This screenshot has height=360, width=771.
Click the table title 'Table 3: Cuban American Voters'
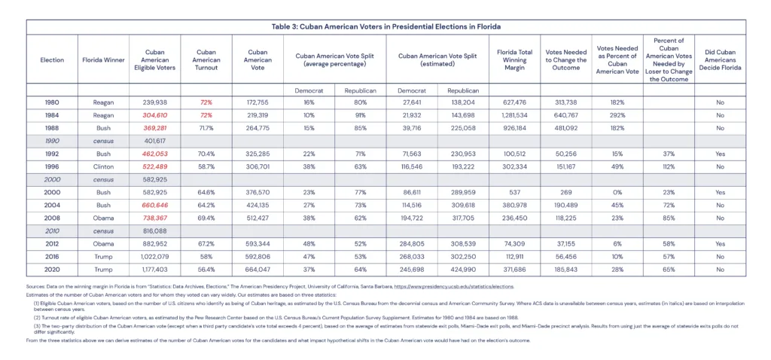(385, 26)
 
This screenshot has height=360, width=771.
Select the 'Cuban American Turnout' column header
(206, 59)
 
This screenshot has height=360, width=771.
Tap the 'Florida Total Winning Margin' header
(514, 59)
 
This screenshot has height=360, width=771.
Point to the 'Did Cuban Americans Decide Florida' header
(720, 59)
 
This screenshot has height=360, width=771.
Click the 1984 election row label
(52, 115)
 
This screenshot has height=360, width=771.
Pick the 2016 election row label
(52, 255)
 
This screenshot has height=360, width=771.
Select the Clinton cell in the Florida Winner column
(102, 166)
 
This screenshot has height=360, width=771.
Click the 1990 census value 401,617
(154, 140)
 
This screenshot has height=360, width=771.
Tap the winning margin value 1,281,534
(514, 115)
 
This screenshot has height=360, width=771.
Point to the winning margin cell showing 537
(514, 192)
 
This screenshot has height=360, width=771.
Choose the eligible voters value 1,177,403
(154, 269)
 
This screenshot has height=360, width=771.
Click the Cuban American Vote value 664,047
(258, 269)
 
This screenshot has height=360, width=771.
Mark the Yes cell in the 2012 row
(720, 243)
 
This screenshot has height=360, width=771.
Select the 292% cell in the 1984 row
(617, 115)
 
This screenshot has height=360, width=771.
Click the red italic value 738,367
(154, 218)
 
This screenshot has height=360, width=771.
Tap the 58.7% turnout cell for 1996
(206, 166)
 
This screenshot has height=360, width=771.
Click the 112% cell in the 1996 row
(668, 166)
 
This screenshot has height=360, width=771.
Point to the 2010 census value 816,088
(154, 230)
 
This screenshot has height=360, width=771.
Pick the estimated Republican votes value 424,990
(462, 269)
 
